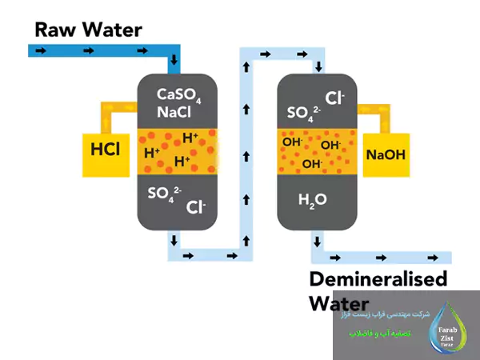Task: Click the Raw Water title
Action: (88, 30)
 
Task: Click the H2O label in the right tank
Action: (314, 199)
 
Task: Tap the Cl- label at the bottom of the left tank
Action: (196, 207)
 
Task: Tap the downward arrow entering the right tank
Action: (319, 66)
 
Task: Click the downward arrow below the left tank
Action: (174, 240)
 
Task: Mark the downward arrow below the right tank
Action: (318, 240)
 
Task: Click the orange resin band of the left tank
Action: (178, 150)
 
